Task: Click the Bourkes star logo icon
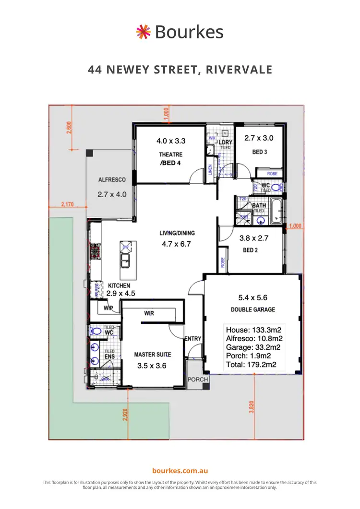143,32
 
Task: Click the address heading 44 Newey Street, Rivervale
180,70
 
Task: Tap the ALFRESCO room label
112,180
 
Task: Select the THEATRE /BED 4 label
171,158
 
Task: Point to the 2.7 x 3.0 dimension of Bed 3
259,138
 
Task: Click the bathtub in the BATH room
277,212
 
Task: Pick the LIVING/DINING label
177,233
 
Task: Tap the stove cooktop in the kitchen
95,250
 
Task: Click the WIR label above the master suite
149,313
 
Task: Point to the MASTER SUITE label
152,355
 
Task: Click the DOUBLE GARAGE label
253,309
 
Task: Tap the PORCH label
198,379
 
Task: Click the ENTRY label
193,339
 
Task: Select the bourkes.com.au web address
180,471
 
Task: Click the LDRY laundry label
225,142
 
